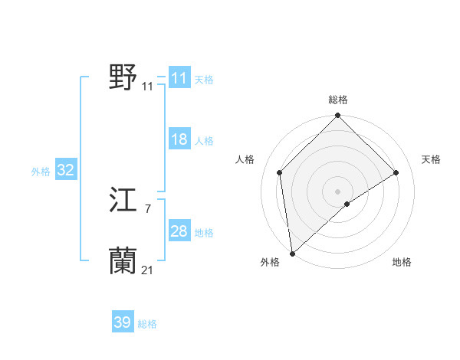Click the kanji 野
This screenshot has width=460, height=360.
(x=123, y=77)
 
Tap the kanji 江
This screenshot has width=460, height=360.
(x=123, y=201)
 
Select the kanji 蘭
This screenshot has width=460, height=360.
(x=123, y=261)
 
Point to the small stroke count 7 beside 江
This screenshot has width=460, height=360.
(x=147, y=208)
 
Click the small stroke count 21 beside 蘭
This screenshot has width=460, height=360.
(x=147, y=270)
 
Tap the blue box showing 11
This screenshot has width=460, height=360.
(x=179, y=78)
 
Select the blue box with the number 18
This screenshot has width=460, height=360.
(x=179, y=139)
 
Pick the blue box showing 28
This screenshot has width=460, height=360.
(x=179, y=231)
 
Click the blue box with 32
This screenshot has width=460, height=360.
(x=65, y=170)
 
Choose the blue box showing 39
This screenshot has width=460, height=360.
(x=122, y=322)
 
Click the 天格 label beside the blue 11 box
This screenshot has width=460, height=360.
(x=204, y=80)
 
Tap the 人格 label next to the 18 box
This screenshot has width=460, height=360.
(x=204, y=141)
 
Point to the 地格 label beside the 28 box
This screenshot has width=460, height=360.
(x=204, y=233)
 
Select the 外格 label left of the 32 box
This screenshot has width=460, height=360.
(x=41, y=172)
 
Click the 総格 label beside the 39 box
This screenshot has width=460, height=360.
(x=147, y=324)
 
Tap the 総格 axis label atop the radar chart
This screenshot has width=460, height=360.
(x=337, y=100)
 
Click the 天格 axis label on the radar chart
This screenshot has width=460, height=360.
(x=432, y=159)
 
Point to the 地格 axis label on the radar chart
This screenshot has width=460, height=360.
(x=402, y=263)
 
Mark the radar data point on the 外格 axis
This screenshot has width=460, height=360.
(x=292, y=253)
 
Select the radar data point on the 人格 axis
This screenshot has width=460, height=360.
(x=280, y=172)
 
